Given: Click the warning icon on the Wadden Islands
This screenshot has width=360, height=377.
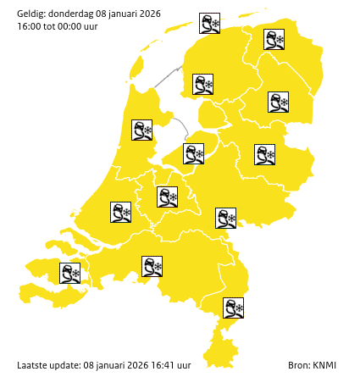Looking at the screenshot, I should (x=209, y=23).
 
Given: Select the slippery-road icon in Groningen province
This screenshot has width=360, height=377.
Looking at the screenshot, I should (x=274, y=39).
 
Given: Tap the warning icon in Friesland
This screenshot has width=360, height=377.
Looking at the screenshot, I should (x=202, y=84).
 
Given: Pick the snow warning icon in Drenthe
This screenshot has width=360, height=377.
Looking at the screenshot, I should (x=278, y=103).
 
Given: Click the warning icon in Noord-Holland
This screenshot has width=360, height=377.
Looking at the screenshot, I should (x=141, y=130).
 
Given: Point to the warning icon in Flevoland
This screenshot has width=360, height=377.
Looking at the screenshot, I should (x=194, y=153).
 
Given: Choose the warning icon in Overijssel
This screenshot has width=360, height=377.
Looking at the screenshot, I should (x=265, y=154).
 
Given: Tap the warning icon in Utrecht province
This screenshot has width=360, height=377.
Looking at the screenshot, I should (x=167, y=197).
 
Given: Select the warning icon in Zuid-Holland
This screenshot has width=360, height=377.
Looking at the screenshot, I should (x=120, y=212).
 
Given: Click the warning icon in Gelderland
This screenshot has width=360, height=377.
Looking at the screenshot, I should (x=225, y=218).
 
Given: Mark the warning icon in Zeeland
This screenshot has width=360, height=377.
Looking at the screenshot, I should (x=69, y=273).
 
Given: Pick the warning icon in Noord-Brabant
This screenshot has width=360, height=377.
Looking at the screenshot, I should (x=152, y=267).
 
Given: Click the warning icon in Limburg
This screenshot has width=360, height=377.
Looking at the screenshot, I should (x=233, y=308).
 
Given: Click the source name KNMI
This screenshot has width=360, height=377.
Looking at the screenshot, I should (x=324, y=364).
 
